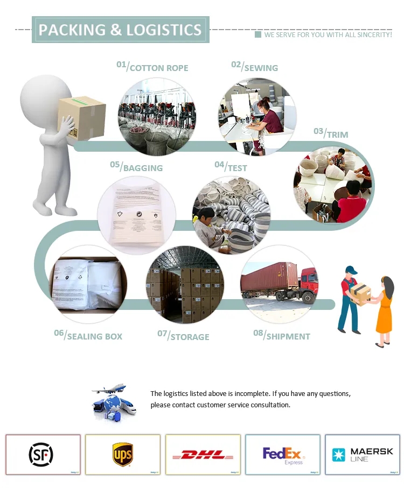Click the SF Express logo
tap(41, 455)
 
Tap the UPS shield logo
tap(122, 455)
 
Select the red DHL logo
tap(203, 455)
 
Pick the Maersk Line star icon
tap(338, 455)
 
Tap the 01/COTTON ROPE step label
tap(152, 67)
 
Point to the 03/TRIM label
tap(331, 133)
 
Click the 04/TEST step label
tap(231, 167)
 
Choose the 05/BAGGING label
tap(136, 167)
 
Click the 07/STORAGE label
tap(183, 336)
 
